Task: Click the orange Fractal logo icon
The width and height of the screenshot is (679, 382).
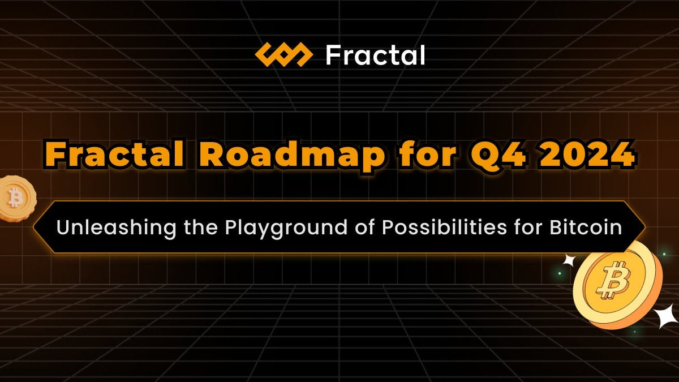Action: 283,55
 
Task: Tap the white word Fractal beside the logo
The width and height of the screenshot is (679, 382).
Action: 375,55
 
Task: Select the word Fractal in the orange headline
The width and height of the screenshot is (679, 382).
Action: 114,155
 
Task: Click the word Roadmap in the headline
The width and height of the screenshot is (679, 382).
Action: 292,157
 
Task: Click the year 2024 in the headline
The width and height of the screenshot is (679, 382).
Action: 587,156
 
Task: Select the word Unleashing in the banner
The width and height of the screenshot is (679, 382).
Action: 116,228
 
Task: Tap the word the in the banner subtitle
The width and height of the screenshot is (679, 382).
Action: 201,227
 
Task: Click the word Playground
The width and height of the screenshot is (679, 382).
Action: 286,228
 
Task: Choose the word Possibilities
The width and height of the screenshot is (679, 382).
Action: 444,227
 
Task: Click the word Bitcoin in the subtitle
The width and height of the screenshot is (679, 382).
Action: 586,227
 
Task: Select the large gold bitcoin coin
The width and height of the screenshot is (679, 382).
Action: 617,285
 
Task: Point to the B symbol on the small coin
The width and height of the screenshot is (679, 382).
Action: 15,198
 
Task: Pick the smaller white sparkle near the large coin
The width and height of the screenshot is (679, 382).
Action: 570,260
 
